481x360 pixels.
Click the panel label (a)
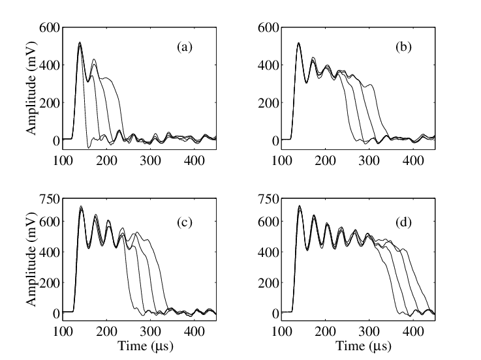coord(183,47)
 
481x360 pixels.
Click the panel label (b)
coord(402,47)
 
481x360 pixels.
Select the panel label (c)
coord(183,222)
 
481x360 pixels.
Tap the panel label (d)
coord(402,222)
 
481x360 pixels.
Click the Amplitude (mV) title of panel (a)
coord(31,83)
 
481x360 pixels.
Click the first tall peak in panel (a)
coord(80,44)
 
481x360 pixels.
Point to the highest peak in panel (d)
coord(299,207)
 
